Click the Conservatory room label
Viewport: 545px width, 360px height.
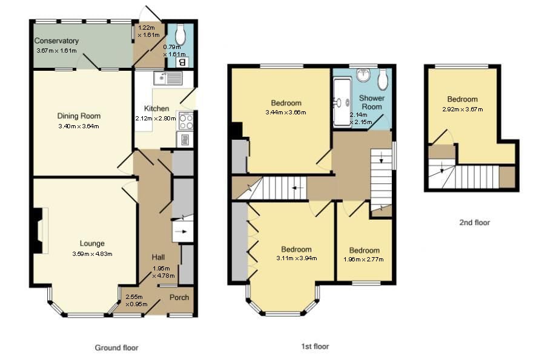(56, 41)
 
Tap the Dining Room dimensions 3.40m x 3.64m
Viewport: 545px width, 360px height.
(78, 126)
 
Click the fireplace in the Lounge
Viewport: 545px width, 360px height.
(38, 231)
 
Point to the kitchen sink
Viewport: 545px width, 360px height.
(168, 78)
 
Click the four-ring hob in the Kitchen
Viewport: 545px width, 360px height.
(185, 122)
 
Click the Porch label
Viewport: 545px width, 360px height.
(179, 297)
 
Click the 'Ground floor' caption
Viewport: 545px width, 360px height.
(116, 348)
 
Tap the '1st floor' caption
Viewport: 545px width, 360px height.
(315, 347)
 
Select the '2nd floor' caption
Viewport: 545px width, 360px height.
(474, 223)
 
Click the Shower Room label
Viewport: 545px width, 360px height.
(371, 102)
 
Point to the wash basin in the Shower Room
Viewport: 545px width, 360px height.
(363, 75)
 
